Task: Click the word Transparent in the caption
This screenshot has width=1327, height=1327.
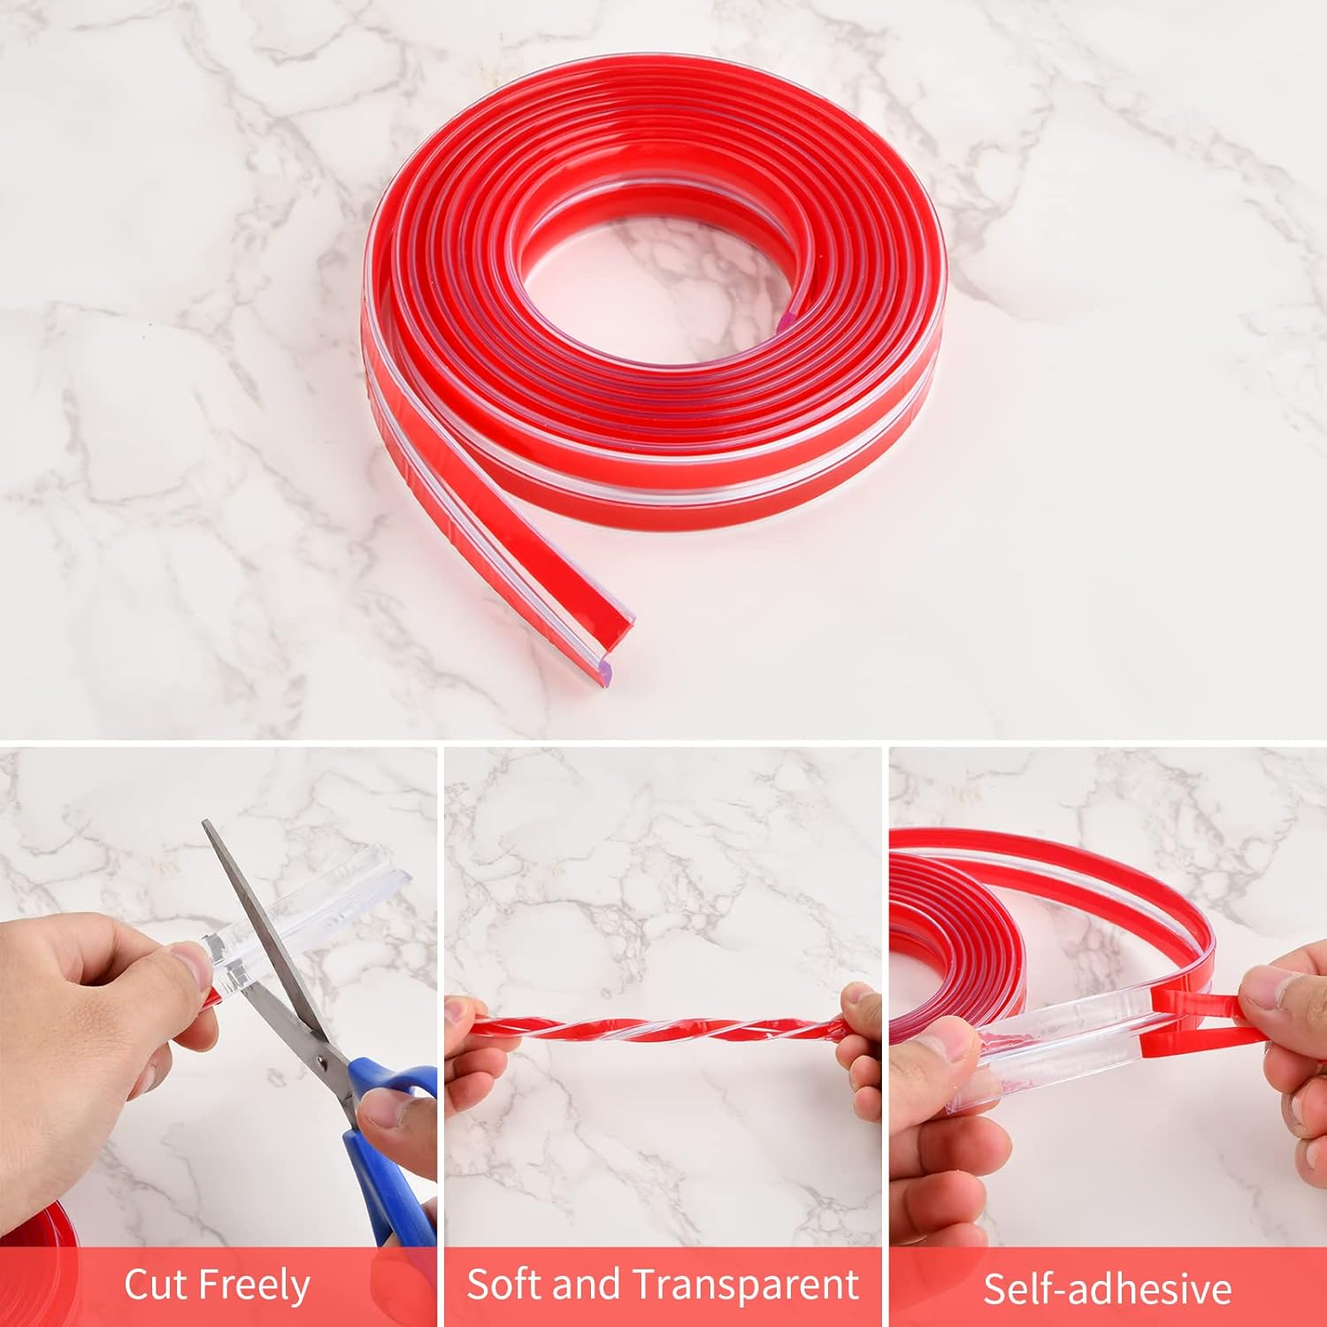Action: pyautogui.click(x=747, y=1285)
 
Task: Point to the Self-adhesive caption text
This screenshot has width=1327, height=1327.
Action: pyautogui.click(x=1107, y=1288)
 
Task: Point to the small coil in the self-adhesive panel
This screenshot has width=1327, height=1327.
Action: pyautogui.click(x=947, y=938)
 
